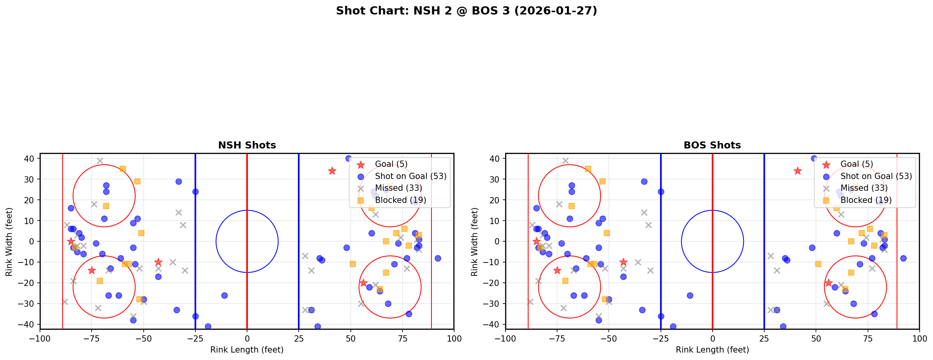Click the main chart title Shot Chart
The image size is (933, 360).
point(466,11)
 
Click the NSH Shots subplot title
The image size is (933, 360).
point(247,145)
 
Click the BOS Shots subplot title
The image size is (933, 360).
point(712,145)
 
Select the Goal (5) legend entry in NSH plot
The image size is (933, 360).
point(391,164)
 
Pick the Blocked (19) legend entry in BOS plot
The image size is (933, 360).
point(866,200)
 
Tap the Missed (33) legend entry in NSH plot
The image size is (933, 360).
point(398,188)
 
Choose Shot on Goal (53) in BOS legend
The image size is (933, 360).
point(876,176)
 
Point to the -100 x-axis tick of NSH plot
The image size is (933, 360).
point(40,338)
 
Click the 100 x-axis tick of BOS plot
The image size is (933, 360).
point(919,338)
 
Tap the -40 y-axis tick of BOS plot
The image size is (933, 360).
point(493,324)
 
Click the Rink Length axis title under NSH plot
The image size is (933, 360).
point(247,350)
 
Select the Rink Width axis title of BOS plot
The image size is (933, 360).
point(475,242)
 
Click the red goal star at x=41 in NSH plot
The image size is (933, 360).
point(332,171)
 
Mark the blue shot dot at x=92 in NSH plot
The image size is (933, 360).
point(438,258)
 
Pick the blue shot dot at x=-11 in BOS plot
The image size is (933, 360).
point(690,295)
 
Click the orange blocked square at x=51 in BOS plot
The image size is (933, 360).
point(818,264)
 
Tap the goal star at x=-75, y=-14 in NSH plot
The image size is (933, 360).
point(92,270)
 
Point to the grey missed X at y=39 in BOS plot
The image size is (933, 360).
point(565,161)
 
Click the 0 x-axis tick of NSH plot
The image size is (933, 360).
point(247,338)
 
